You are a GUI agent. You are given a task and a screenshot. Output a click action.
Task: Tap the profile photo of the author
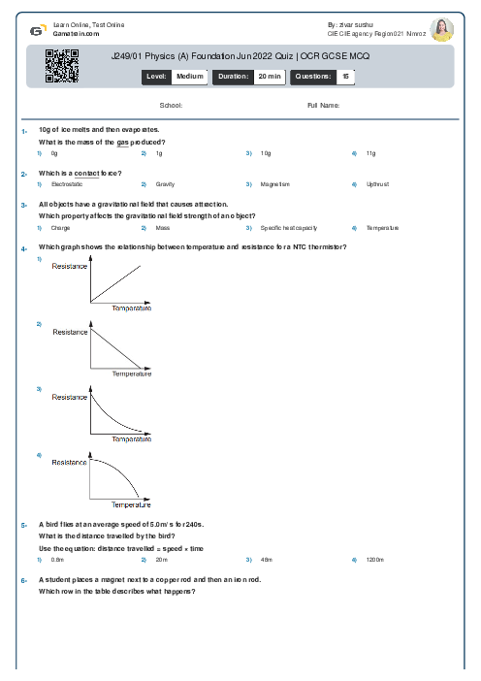click(x=442, y=29)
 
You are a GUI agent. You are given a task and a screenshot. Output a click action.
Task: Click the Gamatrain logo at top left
click(x=36, y=30)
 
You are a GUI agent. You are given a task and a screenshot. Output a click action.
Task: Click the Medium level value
click(x=189, y=75)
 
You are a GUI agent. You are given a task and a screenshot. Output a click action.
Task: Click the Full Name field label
click(x=323, y=105)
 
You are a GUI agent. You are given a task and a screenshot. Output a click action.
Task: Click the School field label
click(x=170, y=105)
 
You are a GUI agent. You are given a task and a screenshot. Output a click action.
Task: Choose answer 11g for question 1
click(x=370, y=153)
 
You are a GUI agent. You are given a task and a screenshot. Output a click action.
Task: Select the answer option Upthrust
click(x=377, y=183)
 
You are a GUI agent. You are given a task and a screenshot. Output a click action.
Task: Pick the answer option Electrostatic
click(x=67, y=183)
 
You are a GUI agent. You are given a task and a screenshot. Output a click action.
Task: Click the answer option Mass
click(x=163, y=228)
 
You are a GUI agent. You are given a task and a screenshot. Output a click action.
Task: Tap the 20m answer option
click(x=162, y=560)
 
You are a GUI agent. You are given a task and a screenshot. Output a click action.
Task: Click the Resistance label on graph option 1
click(x=70, y=266)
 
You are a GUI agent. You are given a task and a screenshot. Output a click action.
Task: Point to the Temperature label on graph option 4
click(x=131, y=505)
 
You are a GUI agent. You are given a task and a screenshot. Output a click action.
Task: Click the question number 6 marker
click(x=22, y=579)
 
